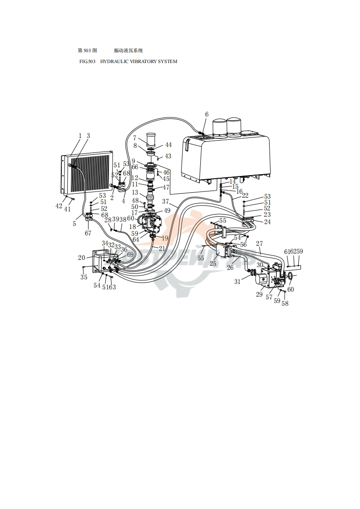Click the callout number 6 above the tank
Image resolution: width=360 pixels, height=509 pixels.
point(207,114)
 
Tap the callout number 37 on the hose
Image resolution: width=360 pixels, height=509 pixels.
point(165,201)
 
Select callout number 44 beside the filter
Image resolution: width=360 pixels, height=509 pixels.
point(168,145)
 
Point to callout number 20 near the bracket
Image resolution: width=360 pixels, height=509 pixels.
point(82,258)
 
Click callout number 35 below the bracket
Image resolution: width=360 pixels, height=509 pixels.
point(84,277)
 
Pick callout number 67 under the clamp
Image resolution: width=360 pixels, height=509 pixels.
point(88,233)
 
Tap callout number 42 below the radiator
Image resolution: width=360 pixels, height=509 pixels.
point(59,206)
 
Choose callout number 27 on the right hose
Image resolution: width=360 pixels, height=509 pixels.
point(259,244)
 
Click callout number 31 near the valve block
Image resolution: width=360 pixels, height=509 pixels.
point(237,282)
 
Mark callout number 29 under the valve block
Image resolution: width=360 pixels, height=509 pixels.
point(259,294)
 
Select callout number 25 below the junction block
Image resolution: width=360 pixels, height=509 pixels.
point(213,264)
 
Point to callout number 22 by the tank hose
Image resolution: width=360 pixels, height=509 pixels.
point(245,196)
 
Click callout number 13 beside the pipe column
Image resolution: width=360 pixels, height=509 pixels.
point(135,193)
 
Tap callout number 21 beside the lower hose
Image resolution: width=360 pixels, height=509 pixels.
point(162,248)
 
